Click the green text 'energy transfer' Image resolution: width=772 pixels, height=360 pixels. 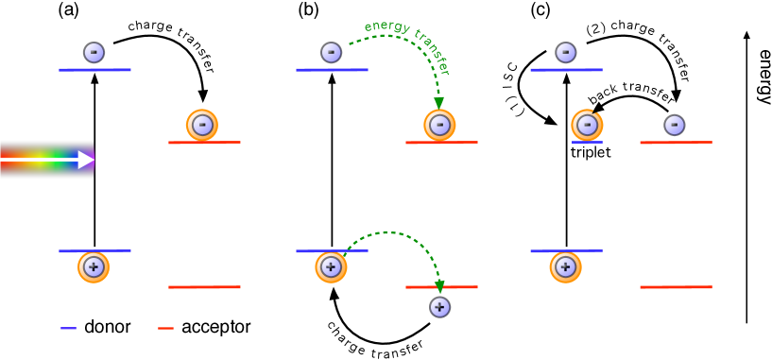(x=407, y=43)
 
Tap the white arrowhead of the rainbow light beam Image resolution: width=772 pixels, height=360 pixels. (x=86, y=160)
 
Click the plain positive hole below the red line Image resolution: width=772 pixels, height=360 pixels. (x=439, y=307)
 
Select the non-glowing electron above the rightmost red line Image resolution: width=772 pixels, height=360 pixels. (x=674, y=125)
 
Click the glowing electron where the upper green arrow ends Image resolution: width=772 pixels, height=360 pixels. (x=439, y=125)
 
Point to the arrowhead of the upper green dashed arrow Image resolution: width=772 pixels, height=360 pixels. (x=438, y=103)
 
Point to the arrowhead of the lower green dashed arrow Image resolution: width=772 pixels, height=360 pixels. (x=439, y=285)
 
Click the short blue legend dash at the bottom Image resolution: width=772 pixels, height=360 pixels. (x=68, y=328)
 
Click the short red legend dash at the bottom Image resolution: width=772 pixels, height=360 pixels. (x=165, y=328)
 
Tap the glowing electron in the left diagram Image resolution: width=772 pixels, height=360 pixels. (x=202, y=125)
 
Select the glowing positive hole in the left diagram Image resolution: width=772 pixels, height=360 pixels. (x=94, y=267)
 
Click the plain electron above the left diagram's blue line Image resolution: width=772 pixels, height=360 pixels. (x=94, y=52)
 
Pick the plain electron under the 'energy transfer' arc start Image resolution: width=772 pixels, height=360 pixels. (x=331, y=52)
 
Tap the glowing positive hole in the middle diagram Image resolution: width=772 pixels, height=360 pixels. (x=331, y=267)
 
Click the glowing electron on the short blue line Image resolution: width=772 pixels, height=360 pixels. (x=587, y=125)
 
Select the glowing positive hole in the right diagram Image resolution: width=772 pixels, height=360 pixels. (x=565, y=267)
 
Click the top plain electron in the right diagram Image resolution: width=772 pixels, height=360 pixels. (x=565, y=52)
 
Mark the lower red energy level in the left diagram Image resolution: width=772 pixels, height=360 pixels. (x=204, y=286)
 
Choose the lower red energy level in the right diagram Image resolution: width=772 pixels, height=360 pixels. (x=676, y=286)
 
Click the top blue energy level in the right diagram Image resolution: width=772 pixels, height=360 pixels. (x=566, y=69)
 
